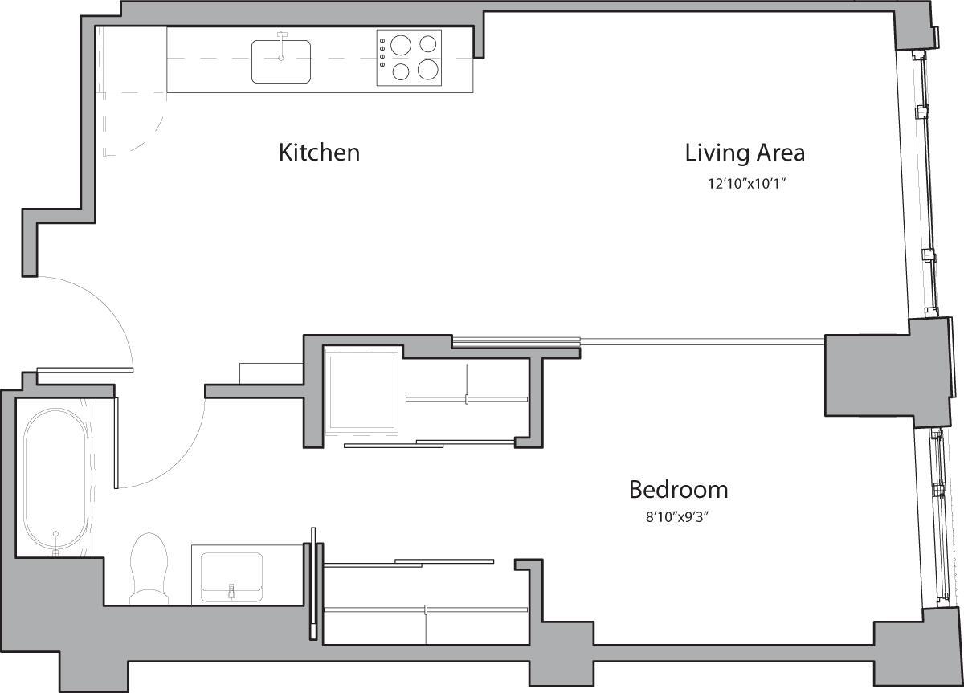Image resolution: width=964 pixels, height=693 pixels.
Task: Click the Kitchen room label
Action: click(x=319, y=152)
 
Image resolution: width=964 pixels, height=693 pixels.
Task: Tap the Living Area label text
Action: click(x=745, y=152)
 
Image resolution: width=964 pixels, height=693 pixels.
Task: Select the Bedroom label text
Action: click(x=678, y=489)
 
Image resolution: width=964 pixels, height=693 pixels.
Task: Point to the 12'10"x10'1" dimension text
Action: click(x=745, y=184)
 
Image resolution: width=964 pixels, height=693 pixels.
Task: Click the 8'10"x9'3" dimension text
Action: click(x=678, y=518)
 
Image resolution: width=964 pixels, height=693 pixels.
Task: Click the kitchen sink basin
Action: click(x=281, y=62)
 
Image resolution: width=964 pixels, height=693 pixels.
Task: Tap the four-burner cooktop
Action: click(x=409, y=59)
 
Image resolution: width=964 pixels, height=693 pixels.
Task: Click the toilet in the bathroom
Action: click(x=148, y=566)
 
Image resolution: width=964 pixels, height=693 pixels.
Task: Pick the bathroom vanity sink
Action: click(x=231, y=576)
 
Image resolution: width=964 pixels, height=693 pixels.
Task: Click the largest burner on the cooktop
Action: click(x=428, y=70)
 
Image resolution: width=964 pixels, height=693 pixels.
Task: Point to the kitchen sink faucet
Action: click(x=281, y=44)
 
